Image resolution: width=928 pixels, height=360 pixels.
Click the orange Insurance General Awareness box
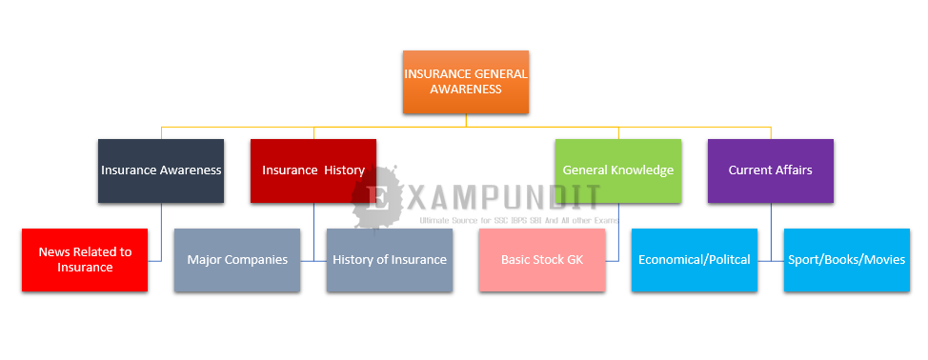466,82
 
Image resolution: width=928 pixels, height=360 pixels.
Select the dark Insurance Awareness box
161,170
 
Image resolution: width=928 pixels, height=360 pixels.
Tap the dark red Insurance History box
313,170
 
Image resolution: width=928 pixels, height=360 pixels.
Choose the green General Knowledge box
618,170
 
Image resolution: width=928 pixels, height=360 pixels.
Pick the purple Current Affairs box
771,170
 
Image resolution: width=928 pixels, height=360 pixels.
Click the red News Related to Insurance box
85,260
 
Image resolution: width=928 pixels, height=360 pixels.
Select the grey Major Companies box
237,260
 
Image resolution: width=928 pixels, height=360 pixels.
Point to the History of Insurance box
390,260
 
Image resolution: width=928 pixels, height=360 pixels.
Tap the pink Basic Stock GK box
542,260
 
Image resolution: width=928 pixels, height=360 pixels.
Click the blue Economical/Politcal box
695,260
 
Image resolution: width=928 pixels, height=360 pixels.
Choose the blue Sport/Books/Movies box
847,260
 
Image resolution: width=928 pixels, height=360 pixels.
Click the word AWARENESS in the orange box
466,90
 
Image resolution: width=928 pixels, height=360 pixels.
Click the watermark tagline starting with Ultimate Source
519,220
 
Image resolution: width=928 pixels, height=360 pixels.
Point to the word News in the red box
51,251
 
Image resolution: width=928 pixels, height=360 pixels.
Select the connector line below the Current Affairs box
771,231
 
